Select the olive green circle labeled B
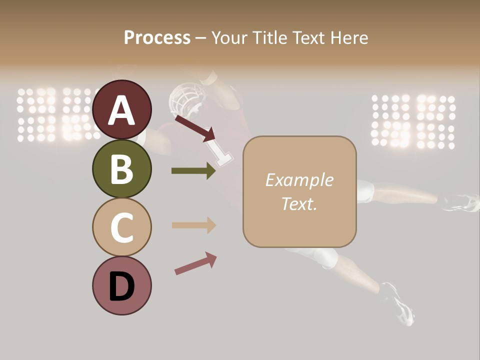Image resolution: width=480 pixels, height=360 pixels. (x=121, y=168)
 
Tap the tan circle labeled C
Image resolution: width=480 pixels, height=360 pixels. (x=121, y=227)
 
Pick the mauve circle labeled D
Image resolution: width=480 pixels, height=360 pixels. (x=121, y=285)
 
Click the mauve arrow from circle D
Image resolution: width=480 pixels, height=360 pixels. (x=195, y=263)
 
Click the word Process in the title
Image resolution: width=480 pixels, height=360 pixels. (x=157, y=37)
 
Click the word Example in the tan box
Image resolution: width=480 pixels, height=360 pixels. (x=299, y=180)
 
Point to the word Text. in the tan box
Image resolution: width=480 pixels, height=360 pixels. (x=299, y=203)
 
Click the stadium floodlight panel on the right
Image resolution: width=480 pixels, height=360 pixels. (x=413, y=121)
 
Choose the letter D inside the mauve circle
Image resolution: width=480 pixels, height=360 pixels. (x=121, y=287)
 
